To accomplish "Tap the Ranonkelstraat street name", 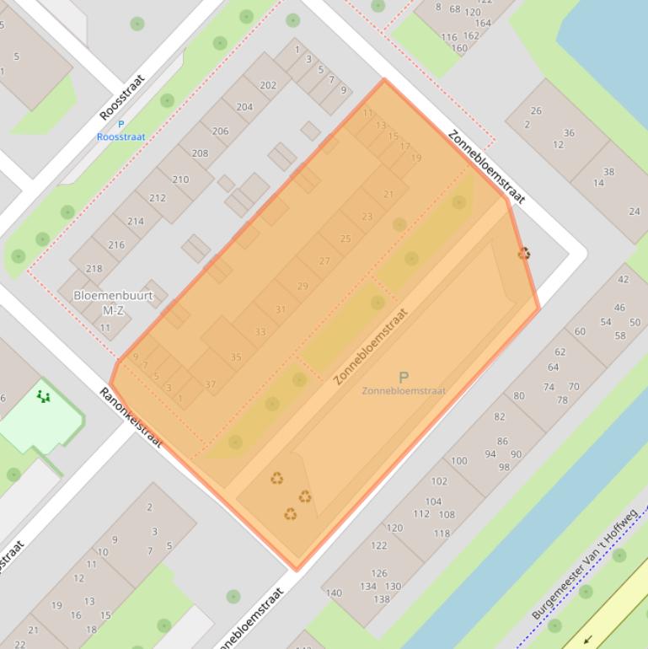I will [131, 417].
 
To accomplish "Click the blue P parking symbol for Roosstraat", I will [120, 125].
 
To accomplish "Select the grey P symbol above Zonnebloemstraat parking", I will [403, 378].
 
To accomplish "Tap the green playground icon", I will [43, 395].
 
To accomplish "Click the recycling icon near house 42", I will [524, 253].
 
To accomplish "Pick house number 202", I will [268, 85].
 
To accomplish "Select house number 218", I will [94, 269].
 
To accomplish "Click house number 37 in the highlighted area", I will [211, 384].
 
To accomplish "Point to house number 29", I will [303, 286].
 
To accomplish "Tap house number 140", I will [334, 593].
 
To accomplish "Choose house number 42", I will [623, 279].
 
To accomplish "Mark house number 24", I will [635, 212].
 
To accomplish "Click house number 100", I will [459, 460].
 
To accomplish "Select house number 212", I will [158, 198].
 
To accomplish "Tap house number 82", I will [500, 416].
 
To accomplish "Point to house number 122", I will [378, 545].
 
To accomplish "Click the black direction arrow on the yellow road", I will [587, 639].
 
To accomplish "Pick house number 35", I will [236, 357].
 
